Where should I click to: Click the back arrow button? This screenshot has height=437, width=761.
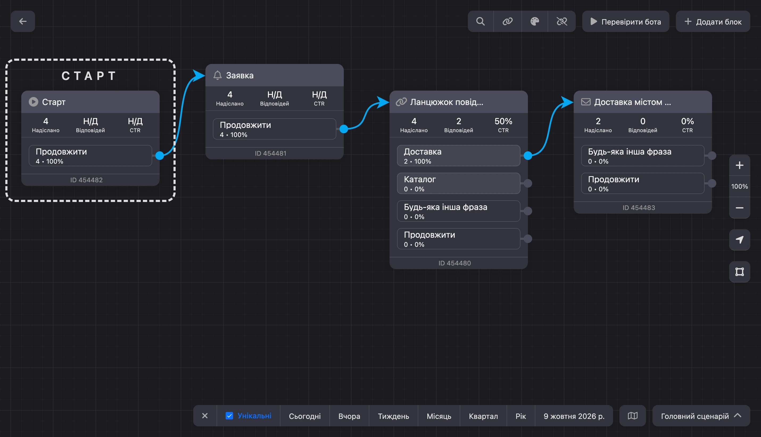point(23,21)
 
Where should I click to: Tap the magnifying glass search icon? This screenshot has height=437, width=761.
point(481,21)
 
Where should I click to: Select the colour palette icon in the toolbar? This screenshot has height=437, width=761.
point(535,21)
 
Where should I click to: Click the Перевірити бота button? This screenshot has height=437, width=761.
point(626,21)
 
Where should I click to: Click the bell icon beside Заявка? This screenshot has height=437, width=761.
point(217,75)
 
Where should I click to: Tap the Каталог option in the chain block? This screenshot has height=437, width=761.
point(458,183)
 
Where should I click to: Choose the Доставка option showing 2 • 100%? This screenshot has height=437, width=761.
point(458,155)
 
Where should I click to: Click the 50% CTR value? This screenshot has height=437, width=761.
point(503,121)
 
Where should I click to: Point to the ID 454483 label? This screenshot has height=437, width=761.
point(639,208)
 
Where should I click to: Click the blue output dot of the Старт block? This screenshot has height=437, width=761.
point(160,155)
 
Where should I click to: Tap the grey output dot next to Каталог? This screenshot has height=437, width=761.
point(528,183)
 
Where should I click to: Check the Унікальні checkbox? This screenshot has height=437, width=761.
point(229,416)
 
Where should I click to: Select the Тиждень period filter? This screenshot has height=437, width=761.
point(393,416)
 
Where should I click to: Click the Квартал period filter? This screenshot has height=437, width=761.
point(483,416)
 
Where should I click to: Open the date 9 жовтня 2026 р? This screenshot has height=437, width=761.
point(574,416)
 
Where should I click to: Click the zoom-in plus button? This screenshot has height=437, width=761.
point(739,165)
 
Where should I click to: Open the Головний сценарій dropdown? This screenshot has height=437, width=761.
point(701,416)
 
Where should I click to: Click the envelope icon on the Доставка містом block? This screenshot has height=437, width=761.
point(586,102)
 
